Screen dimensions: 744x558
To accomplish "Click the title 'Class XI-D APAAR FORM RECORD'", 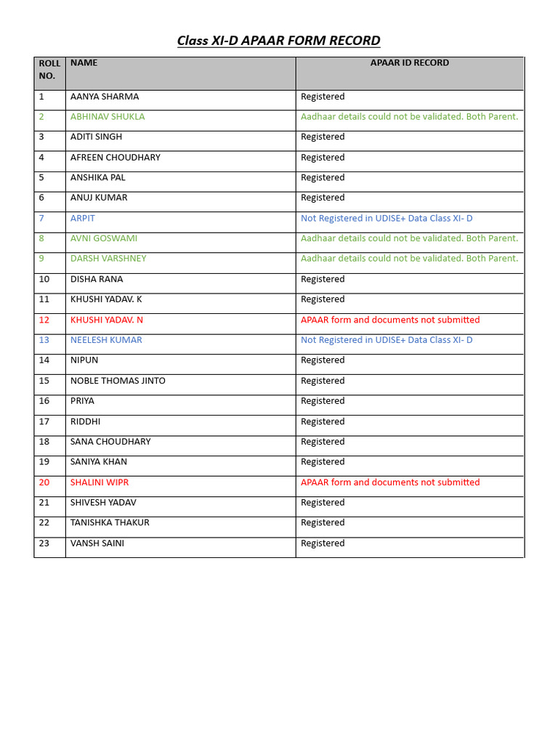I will [x=278, y=41].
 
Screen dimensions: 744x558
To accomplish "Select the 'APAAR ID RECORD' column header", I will [x=409, y=63].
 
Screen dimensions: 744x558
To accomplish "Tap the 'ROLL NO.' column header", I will [x=49, y=70].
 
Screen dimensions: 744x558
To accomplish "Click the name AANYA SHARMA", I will [x=104, y=97].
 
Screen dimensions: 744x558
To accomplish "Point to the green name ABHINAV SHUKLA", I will [x=107, y=117].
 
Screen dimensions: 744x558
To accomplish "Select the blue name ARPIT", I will [x=82, y=219].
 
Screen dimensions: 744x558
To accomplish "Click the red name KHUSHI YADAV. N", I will [x=106, y=320].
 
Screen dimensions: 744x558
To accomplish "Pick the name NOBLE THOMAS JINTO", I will [x=118, y=381].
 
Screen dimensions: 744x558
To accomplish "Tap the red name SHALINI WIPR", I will [x=99, y=482].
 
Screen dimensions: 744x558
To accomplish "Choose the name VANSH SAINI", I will [x=97, y=543].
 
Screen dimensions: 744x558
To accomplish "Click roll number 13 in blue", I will [x=44, y=340].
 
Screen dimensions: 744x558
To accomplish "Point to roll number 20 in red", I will [x=44, y=482].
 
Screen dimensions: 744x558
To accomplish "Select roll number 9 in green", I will [x=41, y=259].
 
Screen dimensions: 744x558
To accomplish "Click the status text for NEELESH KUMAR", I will [x=387, y=340].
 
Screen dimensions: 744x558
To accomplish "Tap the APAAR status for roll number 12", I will [x=390, y=320].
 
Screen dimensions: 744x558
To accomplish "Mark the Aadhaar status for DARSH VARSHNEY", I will [x=409, y=259].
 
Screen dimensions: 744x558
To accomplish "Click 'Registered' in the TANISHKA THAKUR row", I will [x=323, y=523].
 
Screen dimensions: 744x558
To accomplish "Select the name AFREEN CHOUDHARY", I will [x=115, y=158].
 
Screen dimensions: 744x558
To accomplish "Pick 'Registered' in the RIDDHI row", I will [x=323, y=421].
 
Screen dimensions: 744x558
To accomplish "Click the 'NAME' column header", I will [x=84, y=63].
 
